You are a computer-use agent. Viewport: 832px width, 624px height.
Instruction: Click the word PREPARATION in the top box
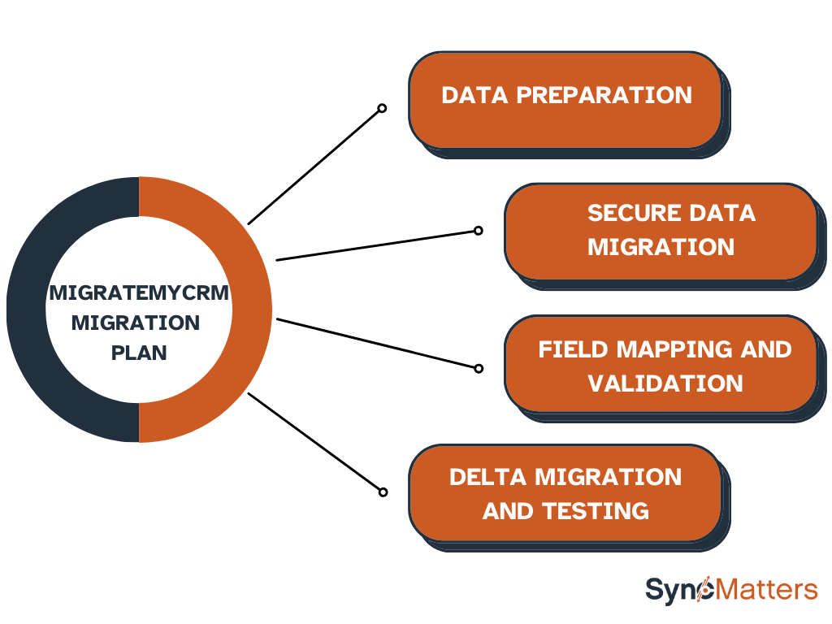[604, 96]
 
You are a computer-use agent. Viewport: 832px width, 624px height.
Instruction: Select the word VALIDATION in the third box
[665, 383]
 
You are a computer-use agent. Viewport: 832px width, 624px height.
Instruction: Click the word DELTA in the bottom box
[487, 477]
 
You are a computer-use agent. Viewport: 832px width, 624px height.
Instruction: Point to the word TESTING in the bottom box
[596, 511]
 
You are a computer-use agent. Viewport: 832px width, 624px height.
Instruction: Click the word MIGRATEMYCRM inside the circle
[139, 292]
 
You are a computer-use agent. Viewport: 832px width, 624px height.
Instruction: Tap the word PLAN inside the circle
[139, 353]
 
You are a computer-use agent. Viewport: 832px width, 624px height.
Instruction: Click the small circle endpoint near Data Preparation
[382, 108]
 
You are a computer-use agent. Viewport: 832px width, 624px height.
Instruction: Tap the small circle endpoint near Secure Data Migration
[478, 230]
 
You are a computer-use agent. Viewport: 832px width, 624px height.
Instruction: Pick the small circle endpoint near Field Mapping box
[479, 368]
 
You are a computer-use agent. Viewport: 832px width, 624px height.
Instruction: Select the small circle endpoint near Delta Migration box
[383, 492]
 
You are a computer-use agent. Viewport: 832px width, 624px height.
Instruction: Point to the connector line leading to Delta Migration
[314, 442]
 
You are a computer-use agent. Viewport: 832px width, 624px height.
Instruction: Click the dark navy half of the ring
[27, 310]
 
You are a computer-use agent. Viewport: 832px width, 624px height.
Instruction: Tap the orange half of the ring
[252, 310]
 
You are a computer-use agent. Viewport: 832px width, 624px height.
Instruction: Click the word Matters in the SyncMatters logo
[764, 590]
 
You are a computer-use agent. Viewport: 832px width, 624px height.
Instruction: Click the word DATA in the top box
[474, 96]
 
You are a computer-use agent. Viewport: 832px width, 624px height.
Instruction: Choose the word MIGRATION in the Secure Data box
[661, 247]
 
